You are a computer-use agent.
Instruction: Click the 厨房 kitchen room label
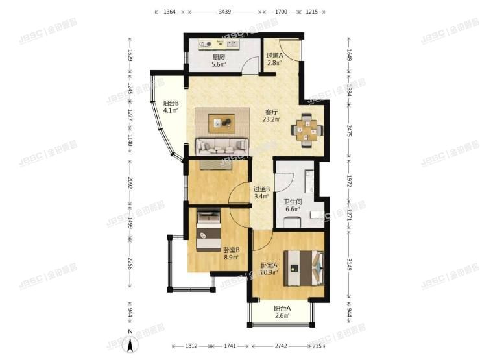pos(218,56)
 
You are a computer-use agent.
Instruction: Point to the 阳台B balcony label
pos(171,102)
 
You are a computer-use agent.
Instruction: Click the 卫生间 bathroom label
pos(293,201)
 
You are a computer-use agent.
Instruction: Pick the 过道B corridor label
pos(261,189)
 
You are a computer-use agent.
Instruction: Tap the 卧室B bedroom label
pos(232,250)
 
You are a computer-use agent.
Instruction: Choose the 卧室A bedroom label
pos(269,265)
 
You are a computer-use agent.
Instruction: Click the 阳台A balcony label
pos(281,309)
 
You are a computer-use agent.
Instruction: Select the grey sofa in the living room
pos(222,147)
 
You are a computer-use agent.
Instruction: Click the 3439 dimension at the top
pos(225,12)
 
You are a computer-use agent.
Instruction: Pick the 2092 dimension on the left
pos(130,183)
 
